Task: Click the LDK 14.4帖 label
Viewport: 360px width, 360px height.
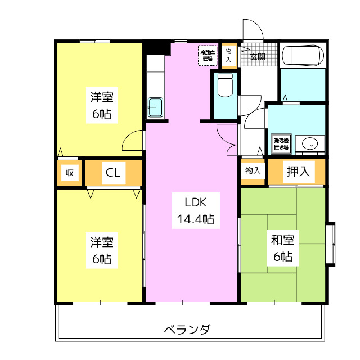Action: pyautogui.click(x=192, y=210)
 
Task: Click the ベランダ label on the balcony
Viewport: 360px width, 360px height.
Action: pyautogui.click(x=188, y=328)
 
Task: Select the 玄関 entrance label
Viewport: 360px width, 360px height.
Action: pyautogui.click(x=258, y=56)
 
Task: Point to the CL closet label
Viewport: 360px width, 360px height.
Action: pyautogui.click(x=112, y=173)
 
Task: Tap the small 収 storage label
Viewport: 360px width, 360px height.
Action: pyautogui.click(x=70, y=173)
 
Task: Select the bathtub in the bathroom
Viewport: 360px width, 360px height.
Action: pyautogui.click(x=302, y=56)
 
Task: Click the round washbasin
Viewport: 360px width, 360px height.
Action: pyautogui.click(x=309, y=144)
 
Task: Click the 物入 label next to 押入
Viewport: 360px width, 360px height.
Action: pyautogui.click(x=253, y=170)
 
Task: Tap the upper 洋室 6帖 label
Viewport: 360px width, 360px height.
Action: pyautogui.click(x=102, y=105)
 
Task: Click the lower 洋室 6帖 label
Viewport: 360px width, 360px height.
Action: pyautogui.click(x=102, y=250)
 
